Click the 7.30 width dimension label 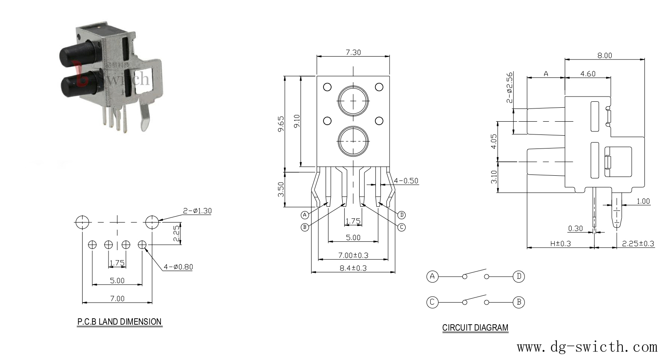pyautogui.click(x=353, y=52)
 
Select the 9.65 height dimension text pyautogui.click(x=281, y=124)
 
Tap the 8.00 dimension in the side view pyautogui.click(x=604, y=55)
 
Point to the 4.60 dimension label pyautogui.click(x=588, y=74)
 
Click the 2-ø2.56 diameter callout pyautogui.click(x=510, y=87)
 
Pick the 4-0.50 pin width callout pyautogui.click(x=406, y=180)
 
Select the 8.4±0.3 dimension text pyautogui.click(x=353, y=268)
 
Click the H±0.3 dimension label pyautogui.click(x=561, y=244)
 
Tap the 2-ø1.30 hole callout pyautogui.click(x=197, y=211)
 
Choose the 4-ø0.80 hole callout pyautogui.click(x=178, y=267)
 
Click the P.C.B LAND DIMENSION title pyautogui.click(x=120, y=322)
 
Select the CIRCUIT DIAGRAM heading pyautogui.click(x=475, y=328)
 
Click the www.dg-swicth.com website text pyautogui.click(x=587, y=347)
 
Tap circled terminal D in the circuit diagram pyautogui.click(x=519, y=276)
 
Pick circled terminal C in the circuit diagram pyautogui.click(x=432, y=302)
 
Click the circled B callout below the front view pyautogui.click(x=304, y=227)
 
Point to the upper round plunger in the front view pyautogui.click(x=353, y=101)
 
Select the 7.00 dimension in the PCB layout pyautogui.click(x=117, y=298)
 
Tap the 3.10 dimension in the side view pyautogui.click(x=494, y=177)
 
